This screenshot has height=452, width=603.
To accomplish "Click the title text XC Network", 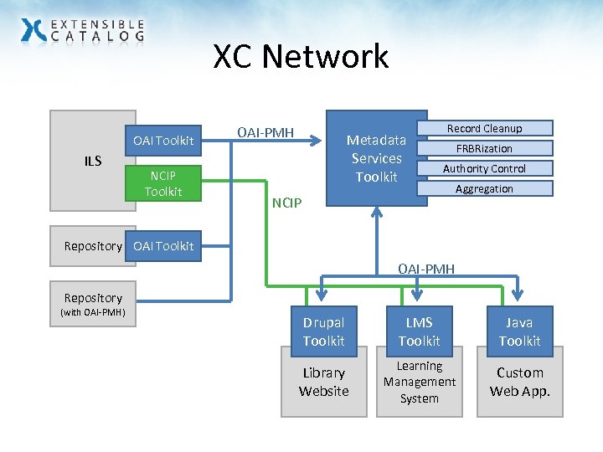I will [301, 57].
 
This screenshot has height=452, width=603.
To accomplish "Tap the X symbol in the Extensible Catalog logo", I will [34, 30].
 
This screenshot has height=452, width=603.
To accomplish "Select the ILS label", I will [92, 161].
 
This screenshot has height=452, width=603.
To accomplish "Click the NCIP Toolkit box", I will [162, 183].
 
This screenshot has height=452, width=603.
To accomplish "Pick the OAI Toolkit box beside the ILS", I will [162, 139].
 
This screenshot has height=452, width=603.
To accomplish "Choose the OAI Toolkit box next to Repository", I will [162, 245].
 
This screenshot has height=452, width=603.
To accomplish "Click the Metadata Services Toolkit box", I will [376, 158].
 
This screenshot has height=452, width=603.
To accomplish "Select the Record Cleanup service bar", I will [484, 128].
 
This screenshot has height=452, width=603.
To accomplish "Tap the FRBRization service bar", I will [484, 148].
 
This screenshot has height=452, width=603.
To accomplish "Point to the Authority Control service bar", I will [484, 168].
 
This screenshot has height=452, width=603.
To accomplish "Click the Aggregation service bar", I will [484, 188].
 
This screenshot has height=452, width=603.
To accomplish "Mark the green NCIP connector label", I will [286, 203].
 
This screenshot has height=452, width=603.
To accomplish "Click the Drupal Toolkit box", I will [323, 331].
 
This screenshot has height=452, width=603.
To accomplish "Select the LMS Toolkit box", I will [419, 331].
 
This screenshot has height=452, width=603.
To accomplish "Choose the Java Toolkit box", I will [519, 331].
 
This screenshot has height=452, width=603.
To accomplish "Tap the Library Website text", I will [323, 382].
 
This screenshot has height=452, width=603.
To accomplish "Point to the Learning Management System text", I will [419, 382].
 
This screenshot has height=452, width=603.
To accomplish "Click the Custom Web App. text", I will [519, 382].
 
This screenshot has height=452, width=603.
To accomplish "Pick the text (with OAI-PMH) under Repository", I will [92, 313].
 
